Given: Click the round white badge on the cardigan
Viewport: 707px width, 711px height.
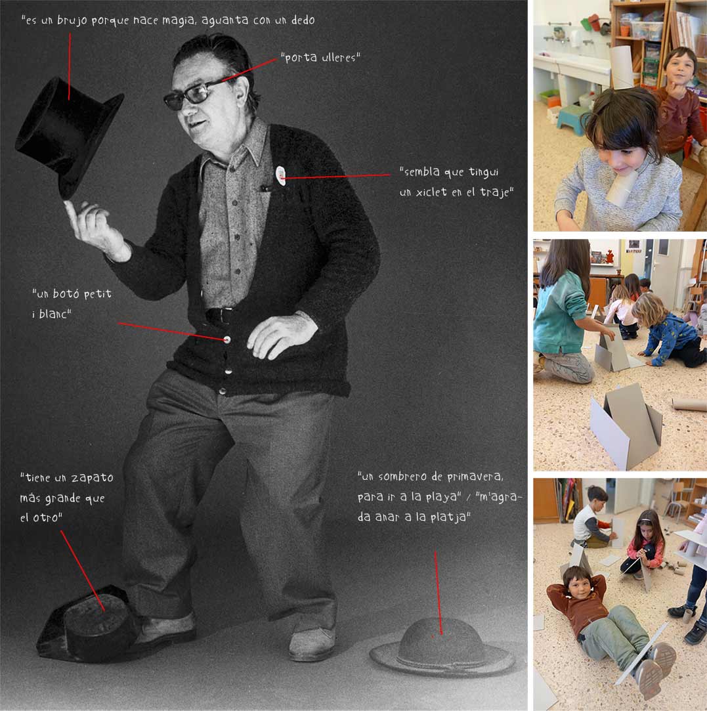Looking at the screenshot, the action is coord(281,175).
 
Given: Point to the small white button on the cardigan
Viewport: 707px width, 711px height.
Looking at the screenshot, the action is coord(227,339).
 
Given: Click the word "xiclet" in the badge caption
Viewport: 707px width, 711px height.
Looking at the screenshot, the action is coord(431,192).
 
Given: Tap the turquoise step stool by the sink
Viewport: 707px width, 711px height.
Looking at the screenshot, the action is coord(571,119).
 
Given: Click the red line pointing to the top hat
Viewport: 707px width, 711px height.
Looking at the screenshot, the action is coord(70,66).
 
